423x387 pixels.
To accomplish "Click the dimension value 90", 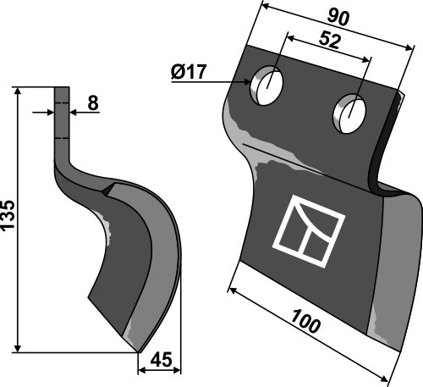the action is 338,19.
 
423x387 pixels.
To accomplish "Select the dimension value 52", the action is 330,41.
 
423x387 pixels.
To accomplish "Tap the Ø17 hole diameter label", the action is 189,72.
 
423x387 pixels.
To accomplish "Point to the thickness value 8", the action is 93,103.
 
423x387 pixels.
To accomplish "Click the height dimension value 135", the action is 8,214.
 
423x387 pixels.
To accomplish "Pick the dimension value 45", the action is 161,360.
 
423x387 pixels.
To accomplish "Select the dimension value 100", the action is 305,321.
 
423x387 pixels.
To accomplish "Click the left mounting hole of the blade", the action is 266,86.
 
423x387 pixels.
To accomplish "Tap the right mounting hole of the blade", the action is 349,113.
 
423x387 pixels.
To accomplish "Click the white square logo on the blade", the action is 309,231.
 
